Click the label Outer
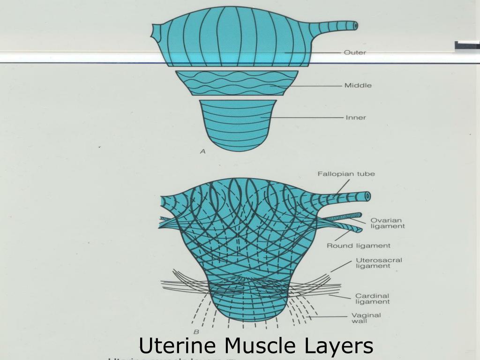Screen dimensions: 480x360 pos(355,53)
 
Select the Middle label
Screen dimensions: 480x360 pos(358,85)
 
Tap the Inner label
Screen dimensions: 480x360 pos(355,117)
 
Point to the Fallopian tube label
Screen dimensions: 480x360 pos(346,174)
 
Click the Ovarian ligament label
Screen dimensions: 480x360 pos(387,223)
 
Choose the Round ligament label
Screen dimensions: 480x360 pos(358,245)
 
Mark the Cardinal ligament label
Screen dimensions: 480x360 pos(372,299)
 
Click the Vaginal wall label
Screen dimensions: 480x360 pos(366,318)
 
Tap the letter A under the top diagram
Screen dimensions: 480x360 pos(202,151)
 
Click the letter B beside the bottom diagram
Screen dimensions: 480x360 pos(196,332)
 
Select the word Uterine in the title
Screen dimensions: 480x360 pos(177,346)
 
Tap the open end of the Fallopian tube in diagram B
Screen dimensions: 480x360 pos(367,196)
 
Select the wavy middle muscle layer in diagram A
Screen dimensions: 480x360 pos(237,83)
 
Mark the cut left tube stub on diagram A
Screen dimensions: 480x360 pos(155,32)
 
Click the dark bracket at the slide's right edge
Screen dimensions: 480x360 pos(467,45)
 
